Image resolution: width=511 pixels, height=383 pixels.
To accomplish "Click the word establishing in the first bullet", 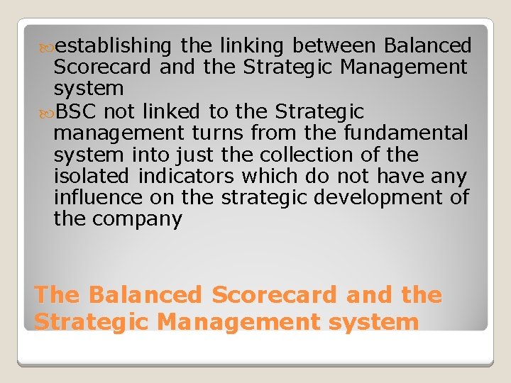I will (x=113, y=47).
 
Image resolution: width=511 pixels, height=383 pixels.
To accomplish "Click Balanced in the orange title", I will (x=145, y=295).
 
